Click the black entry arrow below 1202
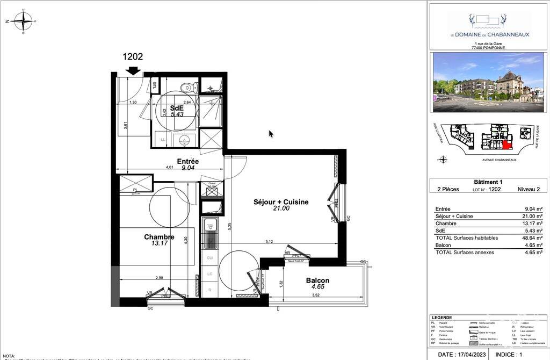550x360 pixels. click(133, 70)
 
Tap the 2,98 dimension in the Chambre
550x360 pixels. click(159, 278)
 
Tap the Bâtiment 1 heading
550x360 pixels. click(488, 182)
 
